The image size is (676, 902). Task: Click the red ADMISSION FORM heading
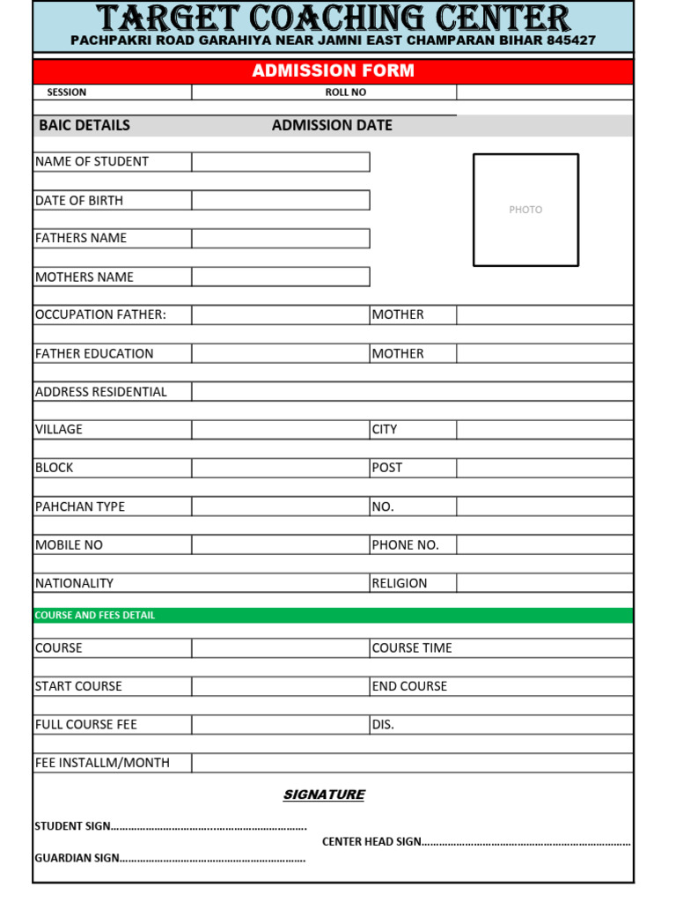(x=333, y=71)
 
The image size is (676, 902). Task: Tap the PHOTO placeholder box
(x=525, y=210)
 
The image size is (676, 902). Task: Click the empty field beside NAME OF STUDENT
(x=281, y=162)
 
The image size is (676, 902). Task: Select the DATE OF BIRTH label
(x=79, y=201)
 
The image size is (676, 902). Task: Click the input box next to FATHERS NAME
(x=281, y=239)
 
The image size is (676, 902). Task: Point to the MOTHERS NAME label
(x=84, y=277)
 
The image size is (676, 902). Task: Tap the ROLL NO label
(x=345, y=92)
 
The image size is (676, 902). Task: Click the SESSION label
(x=67, y=92)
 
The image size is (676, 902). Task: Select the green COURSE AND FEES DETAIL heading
(x=94, y=615)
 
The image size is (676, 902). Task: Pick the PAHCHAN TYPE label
(x=80, y=506)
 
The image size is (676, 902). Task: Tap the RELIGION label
(x=400, y=583)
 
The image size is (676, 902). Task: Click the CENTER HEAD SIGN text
(x=371, y=841)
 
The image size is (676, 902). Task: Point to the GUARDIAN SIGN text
(x=77, y=858)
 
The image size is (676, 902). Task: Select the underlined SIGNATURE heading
(x=324, y=795)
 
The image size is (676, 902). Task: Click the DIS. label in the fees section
(x=383, y=724)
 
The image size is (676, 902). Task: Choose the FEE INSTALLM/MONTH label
(x=102, y=763)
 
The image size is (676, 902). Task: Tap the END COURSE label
(x=409, y=686)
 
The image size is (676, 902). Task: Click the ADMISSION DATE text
(x=332, y=125)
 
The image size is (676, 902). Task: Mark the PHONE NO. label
(x=405, y=545)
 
